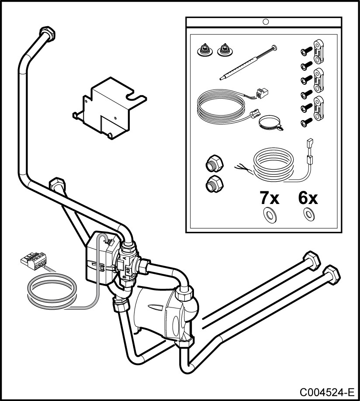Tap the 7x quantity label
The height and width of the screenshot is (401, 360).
269,198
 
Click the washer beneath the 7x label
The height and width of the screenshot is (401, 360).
267,214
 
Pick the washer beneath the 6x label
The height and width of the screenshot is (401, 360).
309,214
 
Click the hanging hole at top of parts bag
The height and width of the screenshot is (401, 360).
265,21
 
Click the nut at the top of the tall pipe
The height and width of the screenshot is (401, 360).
47,33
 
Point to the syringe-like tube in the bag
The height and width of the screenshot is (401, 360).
247,63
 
